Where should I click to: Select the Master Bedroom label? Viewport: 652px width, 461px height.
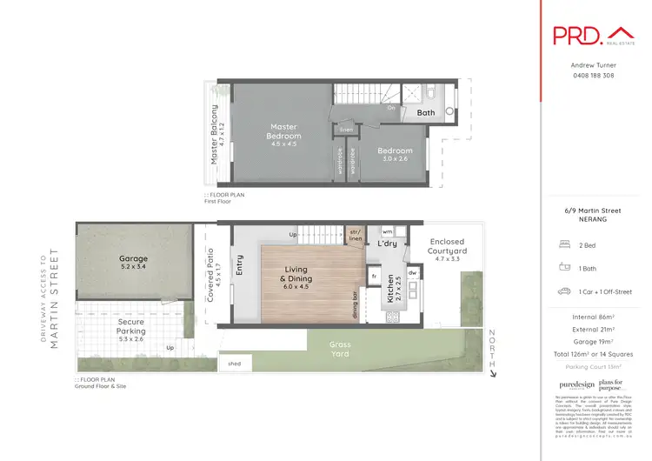tap(284, 131)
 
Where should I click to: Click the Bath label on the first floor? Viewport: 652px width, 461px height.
tap(426, 113)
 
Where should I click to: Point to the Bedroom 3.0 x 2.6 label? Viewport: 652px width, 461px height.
tap(395, 154)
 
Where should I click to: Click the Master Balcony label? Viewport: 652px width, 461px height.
tap(214, 135)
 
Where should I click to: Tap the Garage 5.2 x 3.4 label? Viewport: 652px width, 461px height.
tap(134, 262)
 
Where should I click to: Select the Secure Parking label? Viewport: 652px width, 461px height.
tap(131, 325)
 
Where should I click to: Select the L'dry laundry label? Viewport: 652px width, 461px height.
tap(386, 244)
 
